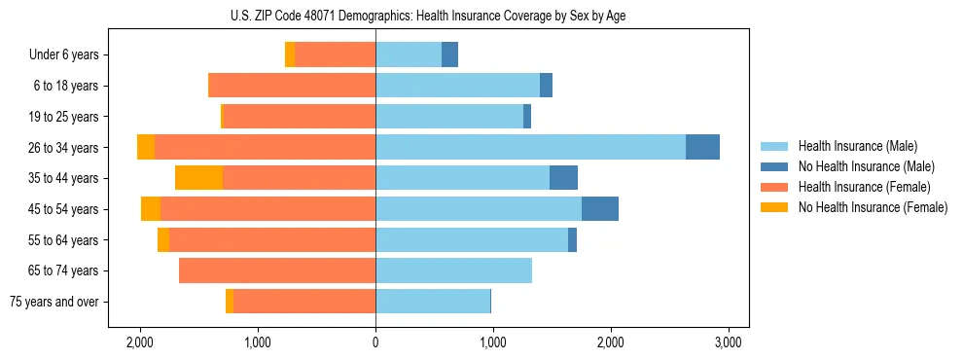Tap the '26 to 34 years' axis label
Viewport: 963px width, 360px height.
tap(64, 148)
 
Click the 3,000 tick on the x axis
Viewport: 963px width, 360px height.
tap(729, 342)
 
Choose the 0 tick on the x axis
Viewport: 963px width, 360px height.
tap(375, 342)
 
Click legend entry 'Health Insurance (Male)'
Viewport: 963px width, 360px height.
tap(857, 146)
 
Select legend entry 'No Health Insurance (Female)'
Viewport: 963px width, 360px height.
tap(873, 207)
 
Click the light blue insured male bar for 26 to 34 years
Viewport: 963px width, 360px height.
tap(530, 147)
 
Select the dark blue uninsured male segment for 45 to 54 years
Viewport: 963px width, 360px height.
tap(600, 208)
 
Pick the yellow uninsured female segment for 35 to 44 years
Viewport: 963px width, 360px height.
tap(199, 178)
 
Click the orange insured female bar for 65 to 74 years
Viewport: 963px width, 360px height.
tap(277, 270)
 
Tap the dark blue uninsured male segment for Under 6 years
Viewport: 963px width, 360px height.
tap(449, 55)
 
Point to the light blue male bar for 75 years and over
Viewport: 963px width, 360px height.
tap(433, 302)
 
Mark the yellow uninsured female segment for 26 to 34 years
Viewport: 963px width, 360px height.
tap(146, 147)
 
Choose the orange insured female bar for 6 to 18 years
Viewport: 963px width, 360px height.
tap(292, 86)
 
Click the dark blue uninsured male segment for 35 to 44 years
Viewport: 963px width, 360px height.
tap(563, 178)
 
